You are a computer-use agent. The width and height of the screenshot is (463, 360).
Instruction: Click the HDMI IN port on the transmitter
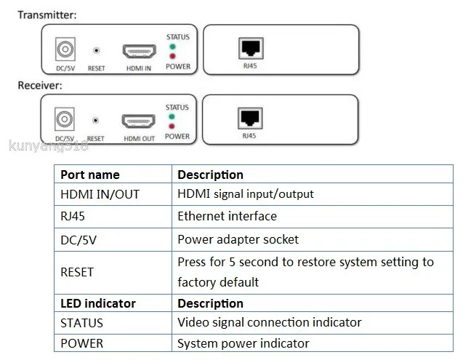pos(139,52)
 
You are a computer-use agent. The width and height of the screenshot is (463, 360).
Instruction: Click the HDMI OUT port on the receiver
pos(139,121)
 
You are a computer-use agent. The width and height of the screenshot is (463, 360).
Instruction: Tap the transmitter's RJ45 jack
pos(251,48)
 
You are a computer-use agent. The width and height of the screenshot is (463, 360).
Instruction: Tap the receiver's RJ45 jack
pos(250,119)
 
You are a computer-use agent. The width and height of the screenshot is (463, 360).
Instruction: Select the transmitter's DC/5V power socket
pos(65,49)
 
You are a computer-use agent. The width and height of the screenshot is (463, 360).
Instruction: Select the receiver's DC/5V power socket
pos(65,119)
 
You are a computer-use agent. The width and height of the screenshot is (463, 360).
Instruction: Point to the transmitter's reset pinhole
pos(96,50)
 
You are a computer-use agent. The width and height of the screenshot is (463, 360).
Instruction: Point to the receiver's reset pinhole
pos(95,120)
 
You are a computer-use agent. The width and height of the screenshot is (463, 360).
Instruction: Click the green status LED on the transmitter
pos(172,47)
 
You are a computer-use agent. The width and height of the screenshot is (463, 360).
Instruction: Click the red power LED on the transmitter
pos(172,56)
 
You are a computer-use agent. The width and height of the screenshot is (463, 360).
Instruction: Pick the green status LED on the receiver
pos(172,117)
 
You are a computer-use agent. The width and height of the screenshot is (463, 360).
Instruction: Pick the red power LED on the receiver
pos(172,127)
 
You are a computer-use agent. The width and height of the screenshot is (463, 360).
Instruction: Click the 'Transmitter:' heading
pos(47,15)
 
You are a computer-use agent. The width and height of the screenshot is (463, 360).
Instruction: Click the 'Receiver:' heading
pos(40,85)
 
